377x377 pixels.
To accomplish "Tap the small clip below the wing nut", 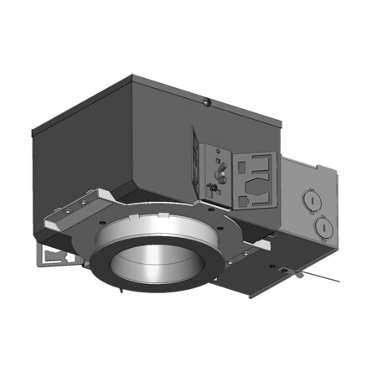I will (212, 190).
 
